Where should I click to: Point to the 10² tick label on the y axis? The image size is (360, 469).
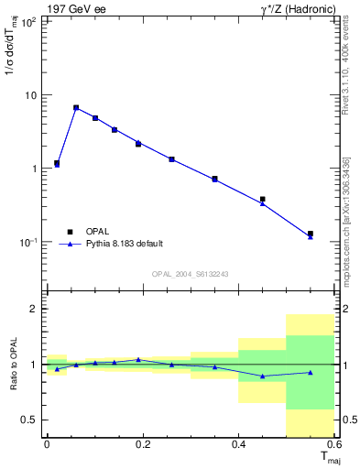click(x=27, y=22)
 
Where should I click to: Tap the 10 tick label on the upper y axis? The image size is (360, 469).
click(x=30, y=95)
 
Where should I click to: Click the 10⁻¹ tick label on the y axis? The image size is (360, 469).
click(x=27, y=242)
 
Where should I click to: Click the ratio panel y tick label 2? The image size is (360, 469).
click(x=33, y=310)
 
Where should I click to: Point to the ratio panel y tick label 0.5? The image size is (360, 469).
click(x=29, y=420)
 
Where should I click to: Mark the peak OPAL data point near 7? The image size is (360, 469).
click(x=76, y=107)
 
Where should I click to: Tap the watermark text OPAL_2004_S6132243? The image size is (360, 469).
click(x=190, y=273)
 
